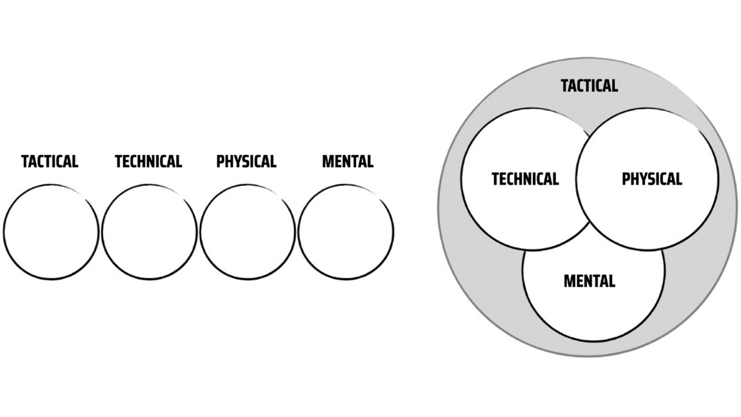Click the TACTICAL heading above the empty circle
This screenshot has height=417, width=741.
tap(50, 161)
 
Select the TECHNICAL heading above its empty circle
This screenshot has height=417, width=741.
tap(148, 161)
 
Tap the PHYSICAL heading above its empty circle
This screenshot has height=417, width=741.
tap(246, 161)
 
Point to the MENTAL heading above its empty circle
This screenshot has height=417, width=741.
tap(348, 161)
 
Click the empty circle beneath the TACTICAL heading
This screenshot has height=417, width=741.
tap(51, 232)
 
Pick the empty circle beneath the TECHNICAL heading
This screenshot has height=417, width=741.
tap(149, 232)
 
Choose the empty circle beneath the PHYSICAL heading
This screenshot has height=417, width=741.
tap(247, 232)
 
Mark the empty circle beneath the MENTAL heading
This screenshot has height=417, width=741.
tap(346, 232)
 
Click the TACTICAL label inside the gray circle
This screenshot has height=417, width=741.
tap(589, 85)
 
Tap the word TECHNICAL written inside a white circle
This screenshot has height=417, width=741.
tap(525, 179)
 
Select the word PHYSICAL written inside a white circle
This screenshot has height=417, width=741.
tap(651, 179)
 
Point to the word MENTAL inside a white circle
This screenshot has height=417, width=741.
tap(589, 281)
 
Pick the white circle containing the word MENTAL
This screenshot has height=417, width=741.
tap(593, 310)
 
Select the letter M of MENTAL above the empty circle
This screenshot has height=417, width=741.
tap(327, 161)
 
